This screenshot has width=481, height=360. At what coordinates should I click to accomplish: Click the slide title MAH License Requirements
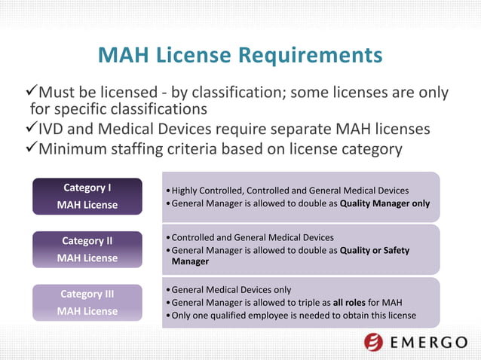240,56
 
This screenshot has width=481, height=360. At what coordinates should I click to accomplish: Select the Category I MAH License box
87,196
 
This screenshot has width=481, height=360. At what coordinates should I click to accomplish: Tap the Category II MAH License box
87,249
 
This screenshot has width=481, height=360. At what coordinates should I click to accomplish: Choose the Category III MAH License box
87,302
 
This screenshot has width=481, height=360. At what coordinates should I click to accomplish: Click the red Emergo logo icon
374,342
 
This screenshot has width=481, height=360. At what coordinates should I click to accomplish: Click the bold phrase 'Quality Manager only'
385,204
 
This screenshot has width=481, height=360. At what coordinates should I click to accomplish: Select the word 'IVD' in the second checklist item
54,129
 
